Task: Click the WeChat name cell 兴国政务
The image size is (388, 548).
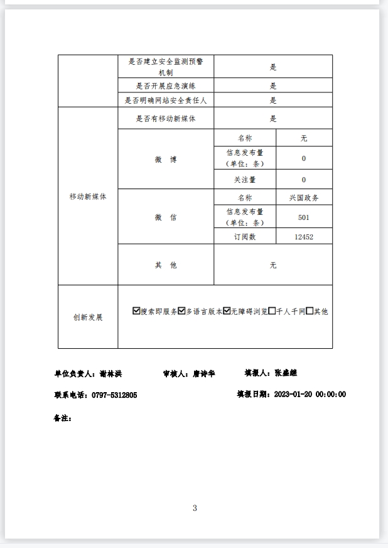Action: [304, 197]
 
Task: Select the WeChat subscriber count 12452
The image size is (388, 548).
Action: [304, 237]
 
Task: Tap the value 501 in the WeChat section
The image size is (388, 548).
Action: [304, 217]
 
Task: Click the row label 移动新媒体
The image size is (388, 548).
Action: [88, 197]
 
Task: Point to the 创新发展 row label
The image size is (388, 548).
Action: [88, 317]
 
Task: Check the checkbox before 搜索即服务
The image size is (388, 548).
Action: [136, 311]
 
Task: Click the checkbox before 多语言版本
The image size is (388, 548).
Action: [181, 311]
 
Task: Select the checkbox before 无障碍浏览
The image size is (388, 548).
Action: [227, 311]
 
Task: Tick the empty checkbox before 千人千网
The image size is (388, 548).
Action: [272, 311]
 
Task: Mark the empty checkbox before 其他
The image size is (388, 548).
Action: [310, 311]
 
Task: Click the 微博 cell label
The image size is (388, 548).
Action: [166, 160]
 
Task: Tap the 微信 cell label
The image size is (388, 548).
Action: [166, 217]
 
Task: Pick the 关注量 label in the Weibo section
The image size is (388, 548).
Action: [245, 180]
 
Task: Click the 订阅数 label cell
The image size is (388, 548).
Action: [245, 237]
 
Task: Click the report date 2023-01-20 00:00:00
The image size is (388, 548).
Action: [310, 395]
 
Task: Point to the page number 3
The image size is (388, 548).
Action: [195, 508]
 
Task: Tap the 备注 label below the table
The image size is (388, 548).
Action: [63, 418]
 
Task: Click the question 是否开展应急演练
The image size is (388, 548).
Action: [166, 86]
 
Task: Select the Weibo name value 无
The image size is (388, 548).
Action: [304, 138]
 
